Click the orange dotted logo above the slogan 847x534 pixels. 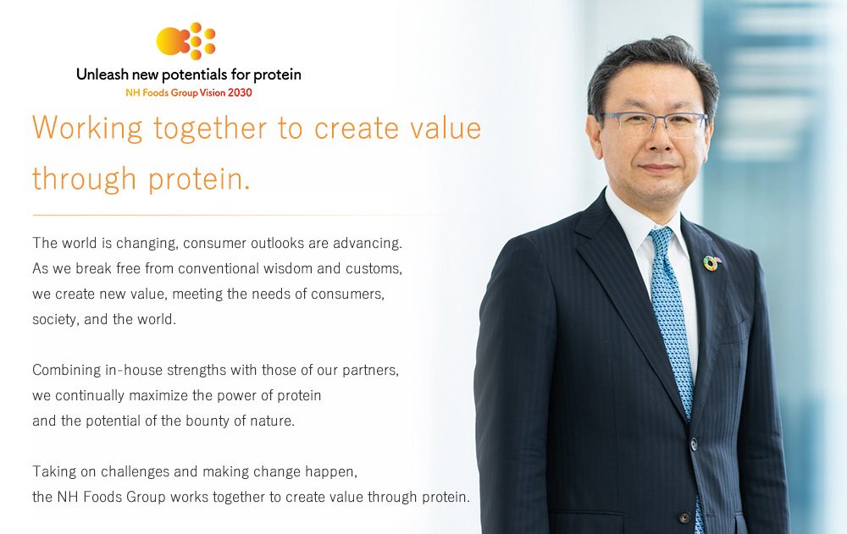click(186, 41)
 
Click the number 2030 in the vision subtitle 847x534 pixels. click(240, 93)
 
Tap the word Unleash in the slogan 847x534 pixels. click(102, 74)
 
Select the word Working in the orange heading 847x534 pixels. click(87, 129)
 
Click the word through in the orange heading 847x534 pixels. click(84, 179)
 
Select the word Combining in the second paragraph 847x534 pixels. click(66, 371)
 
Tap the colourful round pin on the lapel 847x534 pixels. click(711, 263)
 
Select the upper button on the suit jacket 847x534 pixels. click(694, 443)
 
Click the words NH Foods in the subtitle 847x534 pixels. click(147, 93)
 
